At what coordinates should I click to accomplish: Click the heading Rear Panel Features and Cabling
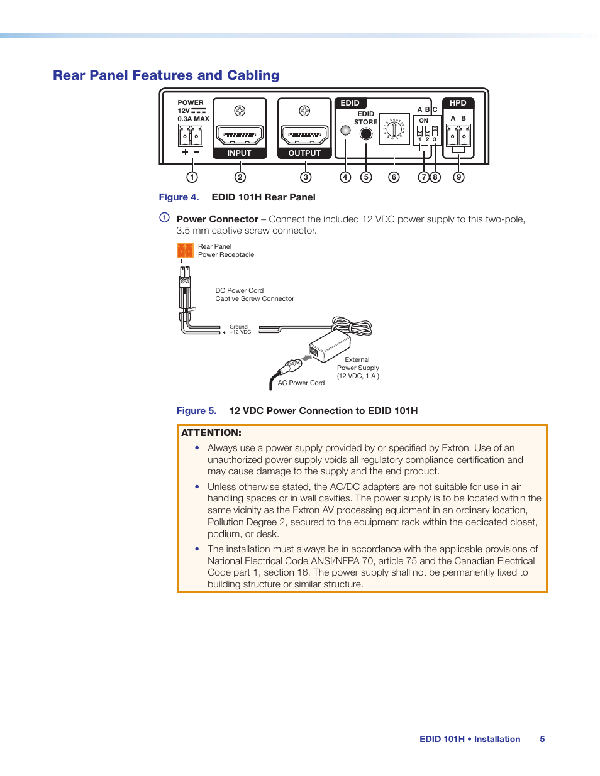pos(166,75)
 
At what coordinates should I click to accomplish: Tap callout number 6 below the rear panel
pos(394,177)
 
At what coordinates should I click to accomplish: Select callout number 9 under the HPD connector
pos(459,177)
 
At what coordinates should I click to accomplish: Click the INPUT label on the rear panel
pos(239,153)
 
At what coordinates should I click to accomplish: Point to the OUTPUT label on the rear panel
pos(304,153)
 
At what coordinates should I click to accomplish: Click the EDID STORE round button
pos(366,133)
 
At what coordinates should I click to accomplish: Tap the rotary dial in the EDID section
pos(394,129)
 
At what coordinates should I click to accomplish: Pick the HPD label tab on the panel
pos(458,103)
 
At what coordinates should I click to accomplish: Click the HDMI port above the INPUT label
pos(240,134)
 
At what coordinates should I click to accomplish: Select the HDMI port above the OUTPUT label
pos(304,134)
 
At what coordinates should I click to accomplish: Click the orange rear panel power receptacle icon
pos(185,251)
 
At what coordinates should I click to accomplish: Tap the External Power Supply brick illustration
pos(330,346)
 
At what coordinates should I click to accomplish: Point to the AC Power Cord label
pos(301,383)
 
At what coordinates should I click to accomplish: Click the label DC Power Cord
pos(239,290)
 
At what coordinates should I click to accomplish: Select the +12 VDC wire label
pos(240,332)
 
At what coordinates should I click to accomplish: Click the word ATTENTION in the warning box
pos(211,433)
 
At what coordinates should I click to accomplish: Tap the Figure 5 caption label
pos(196,411)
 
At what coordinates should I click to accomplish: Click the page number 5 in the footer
pos(542,740)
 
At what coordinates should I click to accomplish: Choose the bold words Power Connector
pos(217,219)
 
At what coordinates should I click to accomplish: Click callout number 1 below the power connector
pos(192,177)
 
